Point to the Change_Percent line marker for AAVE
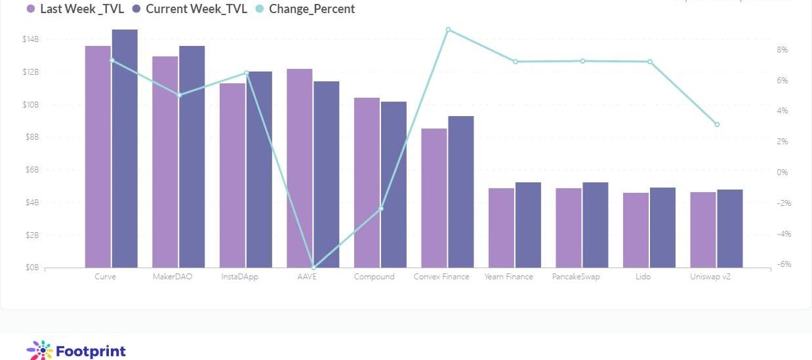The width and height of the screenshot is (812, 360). pos(314,268)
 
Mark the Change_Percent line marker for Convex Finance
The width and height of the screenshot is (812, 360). pos(448,30)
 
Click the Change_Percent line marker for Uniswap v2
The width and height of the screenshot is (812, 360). pos(717,125)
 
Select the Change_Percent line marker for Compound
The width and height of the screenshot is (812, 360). pos(381,209)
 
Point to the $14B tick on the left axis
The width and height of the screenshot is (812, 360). pos(31,39)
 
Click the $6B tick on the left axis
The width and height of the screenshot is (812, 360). pos(31,170)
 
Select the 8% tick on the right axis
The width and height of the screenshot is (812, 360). pos(782,50)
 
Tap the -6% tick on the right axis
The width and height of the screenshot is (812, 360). pos(782,264)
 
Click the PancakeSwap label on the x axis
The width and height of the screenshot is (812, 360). pos(576,277)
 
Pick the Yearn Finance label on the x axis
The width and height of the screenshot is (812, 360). pos(508,277)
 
